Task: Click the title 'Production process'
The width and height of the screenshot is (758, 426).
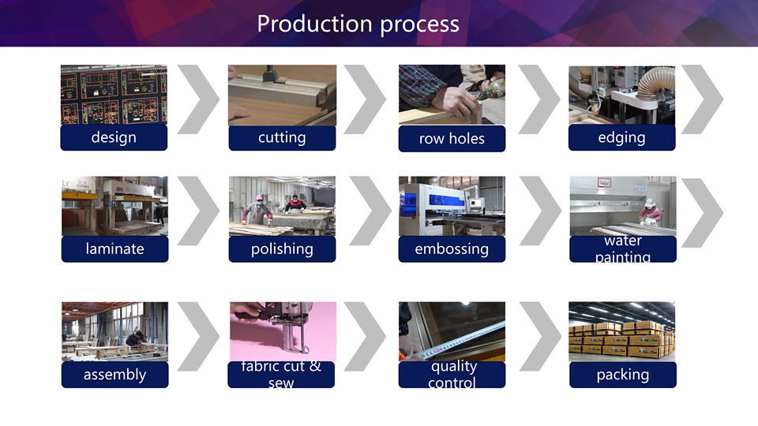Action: coord(358,24)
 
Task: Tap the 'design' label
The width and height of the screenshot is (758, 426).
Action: coord(114,137)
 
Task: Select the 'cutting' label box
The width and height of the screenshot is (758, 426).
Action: coord(282,137)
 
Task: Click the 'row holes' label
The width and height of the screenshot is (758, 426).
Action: coord(452,139)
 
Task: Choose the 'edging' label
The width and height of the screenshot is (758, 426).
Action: coord(621,137)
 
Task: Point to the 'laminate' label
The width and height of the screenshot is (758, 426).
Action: coord(114,248)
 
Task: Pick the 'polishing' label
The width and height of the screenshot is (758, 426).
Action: coord(282,248)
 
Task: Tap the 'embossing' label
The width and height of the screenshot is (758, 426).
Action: coord(452,248)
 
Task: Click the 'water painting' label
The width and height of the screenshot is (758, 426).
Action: coord(623,248)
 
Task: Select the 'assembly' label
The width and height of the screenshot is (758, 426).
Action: coord(114,375)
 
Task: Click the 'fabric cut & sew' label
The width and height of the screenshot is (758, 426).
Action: coord(281,375)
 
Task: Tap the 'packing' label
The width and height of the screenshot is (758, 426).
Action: coord(623,375)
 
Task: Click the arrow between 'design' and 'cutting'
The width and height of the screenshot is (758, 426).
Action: coord(198,99)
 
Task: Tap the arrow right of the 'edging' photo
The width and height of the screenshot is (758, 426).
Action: coord(702,99)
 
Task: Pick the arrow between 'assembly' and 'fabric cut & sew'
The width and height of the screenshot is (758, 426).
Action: coord(198,336)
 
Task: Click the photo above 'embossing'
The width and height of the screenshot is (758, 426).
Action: coord(452,206)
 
